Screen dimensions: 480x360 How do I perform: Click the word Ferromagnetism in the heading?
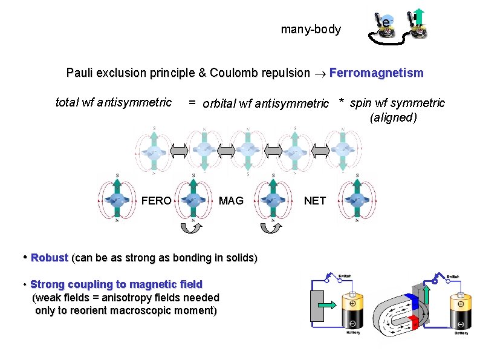[x=376, y=73]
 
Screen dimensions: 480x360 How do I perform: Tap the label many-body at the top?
[x=311, y=29]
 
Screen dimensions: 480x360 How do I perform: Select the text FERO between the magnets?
[x=156, y=201]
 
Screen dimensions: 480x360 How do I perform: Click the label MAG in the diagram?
[x=231, y=201]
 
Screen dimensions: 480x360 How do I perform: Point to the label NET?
[x=314, y=201]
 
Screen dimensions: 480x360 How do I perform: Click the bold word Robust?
[x=50, y=258]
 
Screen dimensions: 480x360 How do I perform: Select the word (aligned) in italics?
[x=393, y=117]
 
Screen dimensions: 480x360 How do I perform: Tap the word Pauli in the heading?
[x=80, y=73]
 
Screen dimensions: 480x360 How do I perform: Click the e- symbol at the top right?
[x=385, y=23]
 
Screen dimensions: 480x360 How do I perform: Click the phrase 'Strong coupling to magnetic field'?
[x=116, y=284]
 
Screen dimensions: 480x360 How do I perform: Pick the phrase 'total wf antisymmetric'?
[x=114, y=102]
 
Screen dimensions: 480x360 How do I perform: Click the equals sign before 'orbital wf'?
[x=191, y=103]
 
